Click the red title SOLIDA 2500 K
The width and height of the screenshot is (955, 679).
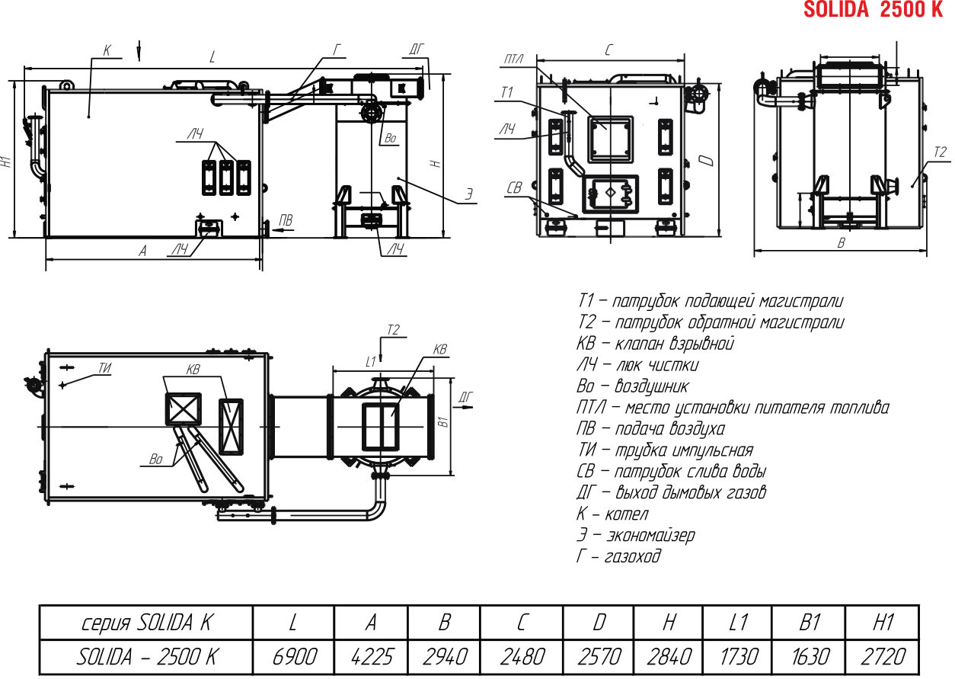pos(873,9)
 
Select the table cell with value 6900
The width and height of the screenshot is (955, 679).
pos(294,656)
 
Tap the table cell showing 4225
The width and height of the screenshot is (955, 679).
pos(372,656)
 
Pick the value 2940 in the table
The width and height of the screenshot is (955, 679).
pos(444,656)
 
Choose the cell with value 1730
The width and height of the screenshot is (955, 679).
pos(739,656)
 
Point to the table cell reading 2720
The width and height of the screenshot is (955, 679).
pos(883,656)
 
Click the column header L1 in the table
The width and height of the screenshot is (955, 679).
pos(739,623)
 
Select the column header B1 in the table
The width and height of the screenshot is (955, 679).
pos(810,623)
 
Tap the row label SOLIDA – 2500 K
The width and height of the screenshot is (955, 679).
pos(146,656)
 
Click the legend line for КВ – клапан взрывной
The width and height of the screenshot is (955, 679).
pos(655,344)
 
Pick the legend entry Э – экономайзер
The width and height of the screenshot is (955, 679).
pos(635,535)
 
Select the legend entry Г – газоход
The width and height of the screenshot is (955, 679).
pos(618,556)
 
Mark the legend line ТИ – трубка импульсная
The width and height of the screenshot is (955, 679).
pos(665,450)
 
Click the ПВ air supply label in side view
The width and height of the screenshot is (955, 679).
pos(286,220)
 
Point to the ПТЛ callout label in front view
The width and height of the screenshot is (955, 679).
pos(513,59)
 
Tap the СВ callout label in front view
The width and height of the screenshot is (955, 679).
pos(514,187)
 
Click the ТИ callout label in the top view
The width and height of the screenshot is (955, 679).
pos(105,367)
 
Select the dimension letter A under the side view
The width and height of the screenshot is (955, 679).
pos(143,251)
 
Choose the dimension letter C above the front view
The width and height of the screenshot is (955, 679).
pos(608,50)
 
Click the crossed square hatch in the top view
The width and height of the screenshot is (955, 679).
pos(184,409)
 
